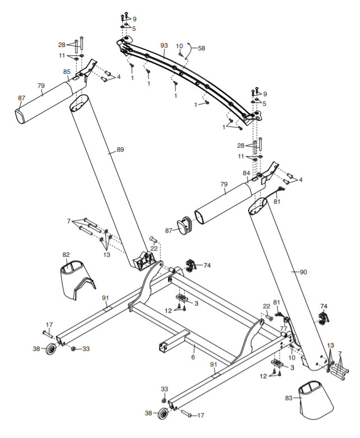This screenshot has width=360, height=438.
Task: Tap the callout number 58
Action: point(202,49)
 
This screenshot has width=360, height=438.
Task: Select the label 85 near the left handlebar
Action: point(67,72)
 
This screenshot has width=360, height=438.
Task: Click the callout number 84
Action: point(246,173)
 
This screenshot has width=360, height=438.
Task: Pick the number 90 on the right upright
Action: point(303,272)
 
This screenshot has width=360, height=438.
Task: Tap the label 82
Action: point(66,255)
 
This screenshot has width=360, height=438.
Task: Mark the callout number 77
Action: point(283,328)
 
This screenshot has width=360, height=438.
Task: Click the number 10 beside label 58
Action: point(180,46)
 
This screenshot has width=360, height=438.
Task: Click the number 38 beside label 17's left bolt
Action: point(36,348)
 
